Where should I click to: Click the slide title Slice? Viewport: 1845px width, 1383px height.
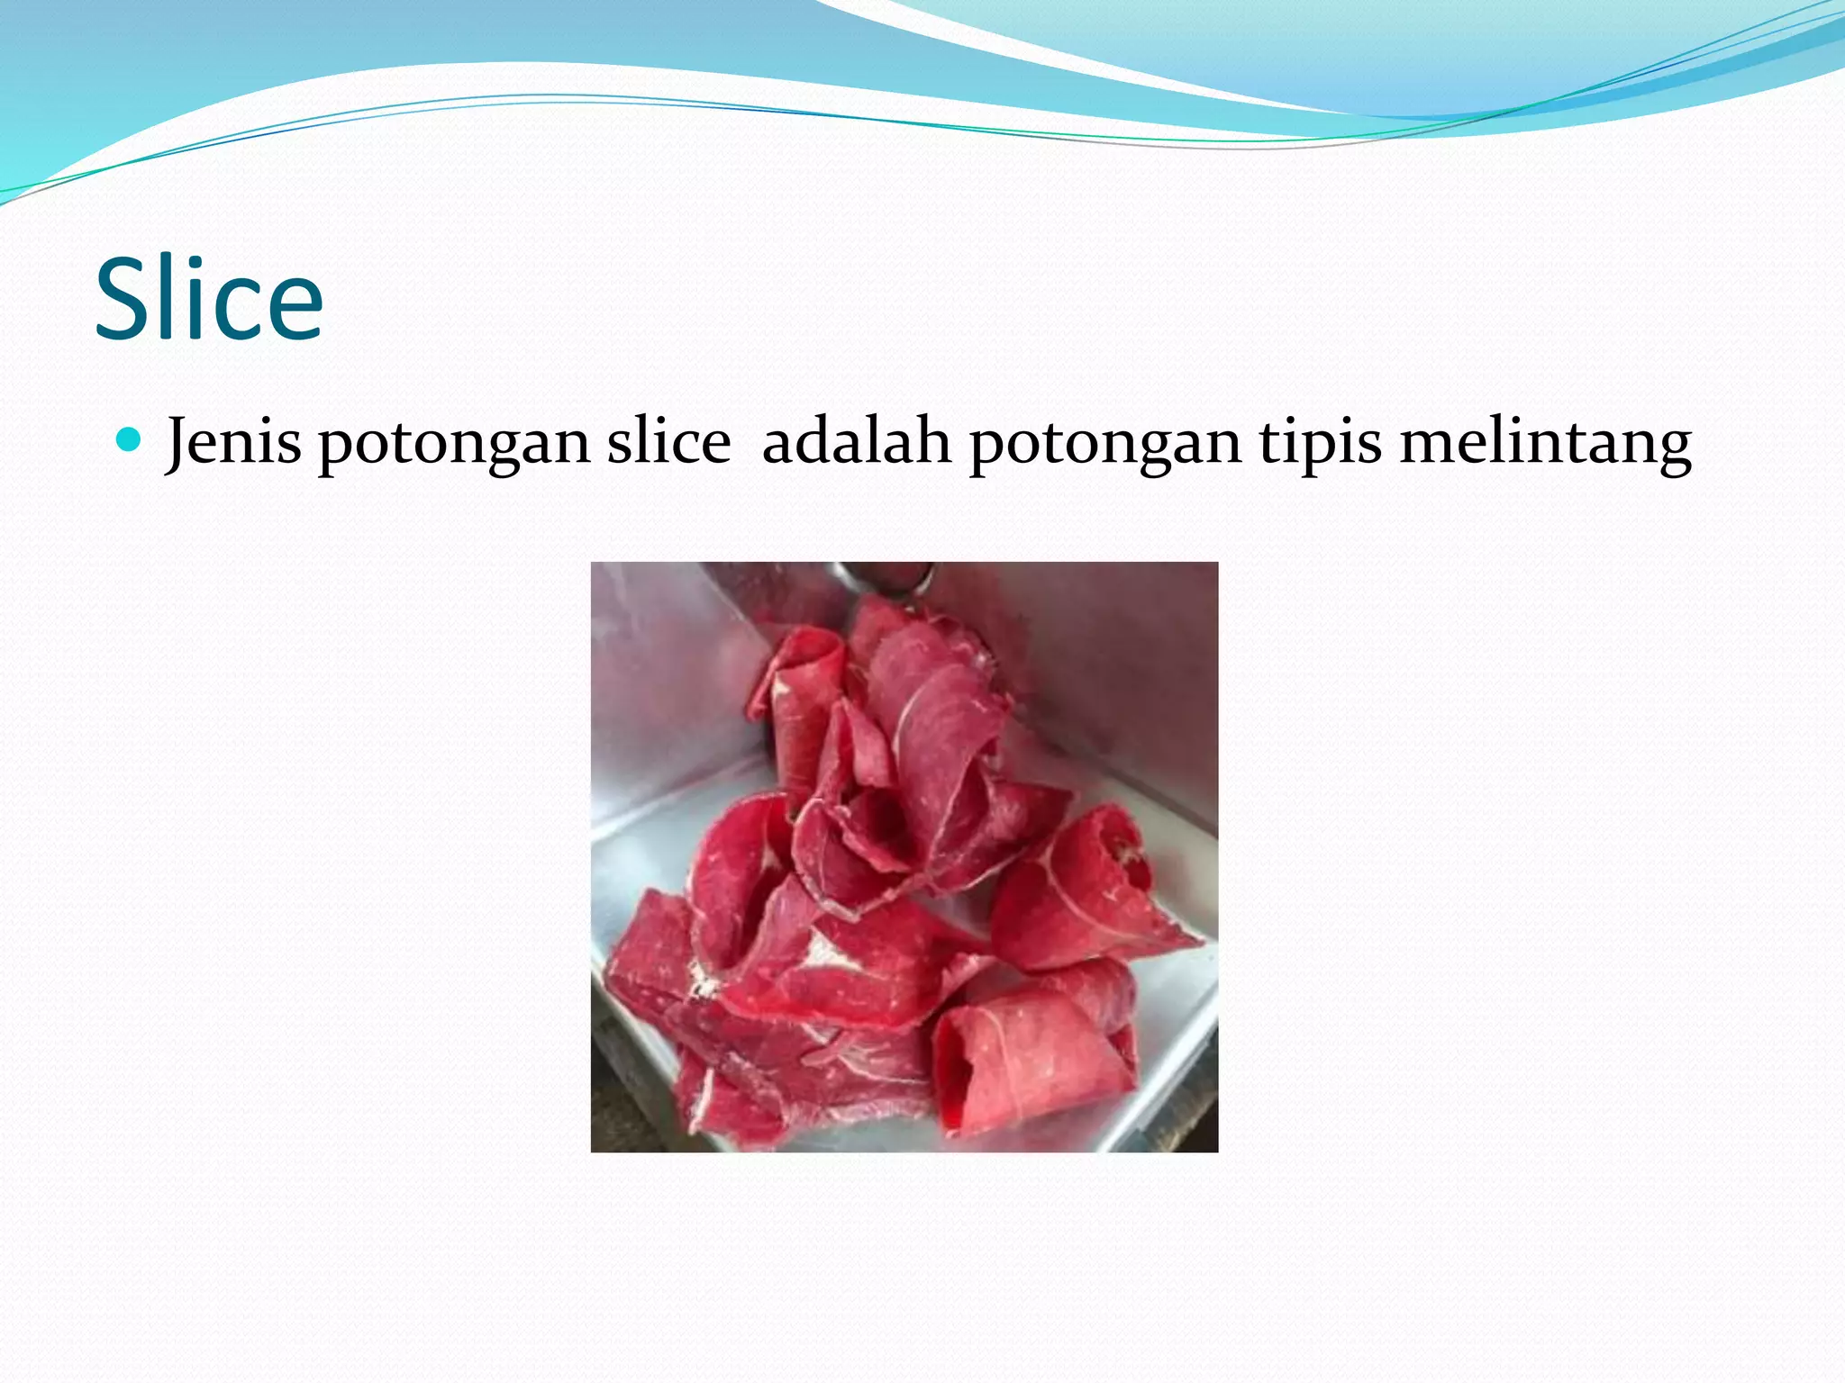click(208, 299)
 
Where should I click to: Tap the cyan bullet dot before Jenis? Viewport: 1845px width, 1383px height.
click(130, 440)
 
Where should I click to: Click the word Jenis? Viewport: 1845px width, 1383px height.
click(233, 443)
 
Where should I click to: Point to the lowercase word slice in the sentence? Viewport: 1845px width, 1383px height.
click(668, 443)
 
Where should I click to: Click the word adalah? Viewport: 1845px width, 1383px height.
click(856, 442)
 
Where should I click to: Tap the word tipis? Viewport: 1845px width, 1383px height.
click(1320, 445)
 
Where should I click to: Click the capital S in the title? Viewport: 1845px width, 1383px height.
click(124, 299)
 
